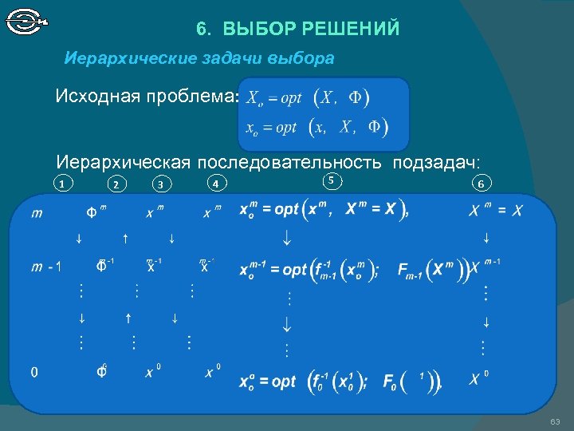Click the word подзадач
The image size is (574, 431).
click(442, 162)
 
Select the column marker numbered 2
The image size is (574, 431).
click(116, 185)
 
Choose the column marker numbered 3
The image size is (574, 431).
click(160, 185)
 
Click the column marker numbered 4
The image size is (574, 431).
click(215, 184)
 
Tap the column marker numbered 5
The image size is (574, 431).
click(332, 181)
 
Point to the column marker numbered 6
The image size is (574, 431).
click(480, 184)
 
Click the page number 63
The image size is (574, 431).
click(555, 421)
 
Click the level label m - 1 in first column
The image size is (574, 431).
click(46, 267)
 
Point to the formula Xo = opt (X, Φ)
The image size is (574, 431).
click(306, 98)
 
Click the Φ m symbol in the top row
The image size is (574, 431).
click(96, 212)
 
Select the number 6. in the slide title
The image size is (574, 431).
click(203, 30)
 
